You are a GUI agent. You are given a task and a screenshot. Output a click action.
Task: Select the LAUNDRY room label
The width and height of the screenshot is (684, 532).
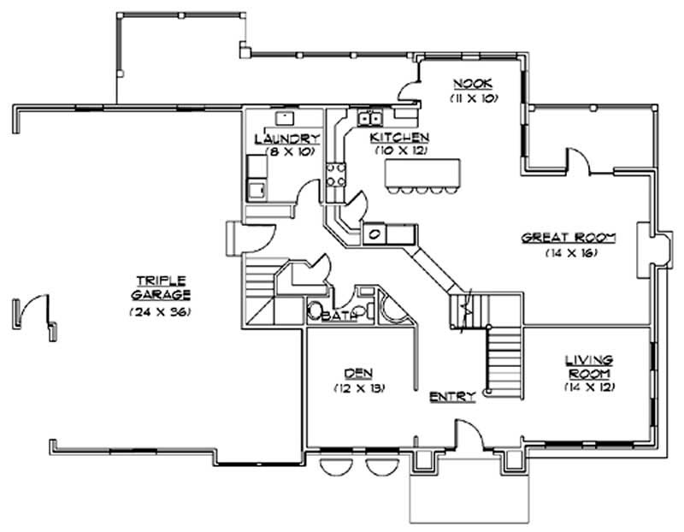(x=287, y=139)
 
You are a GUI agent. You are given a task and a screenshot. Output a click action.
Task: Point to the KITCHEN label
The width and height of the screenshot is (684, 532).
(x=399, y=138)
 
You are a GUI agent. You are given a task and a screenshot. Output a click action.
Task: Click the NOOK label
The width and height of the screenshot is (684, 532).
(x=469, y=84)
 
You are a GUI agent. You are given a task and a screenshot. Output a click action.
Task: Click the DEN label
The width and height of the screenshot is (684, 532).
(x=358, y=373)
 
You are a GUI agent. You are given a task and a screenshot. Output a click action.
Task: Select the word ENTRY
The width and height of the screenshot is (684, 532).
(x=449, y=397)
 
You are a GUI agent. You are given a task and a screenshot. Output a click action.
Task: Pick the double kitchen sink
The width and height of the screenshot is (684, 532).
(x=370, y=118)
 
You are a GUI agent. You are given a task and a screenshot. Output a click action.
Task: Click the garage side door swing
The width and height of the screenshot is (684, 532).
(x=34, y=310)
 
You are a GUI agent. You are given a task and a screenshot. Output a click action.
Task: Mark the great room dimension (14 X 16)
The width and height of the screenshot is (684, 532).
(x=569, y=253)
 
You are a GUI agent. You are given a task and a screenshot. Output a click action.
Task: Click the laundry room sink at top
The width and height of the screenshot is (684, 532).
(x=283, y=116)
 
